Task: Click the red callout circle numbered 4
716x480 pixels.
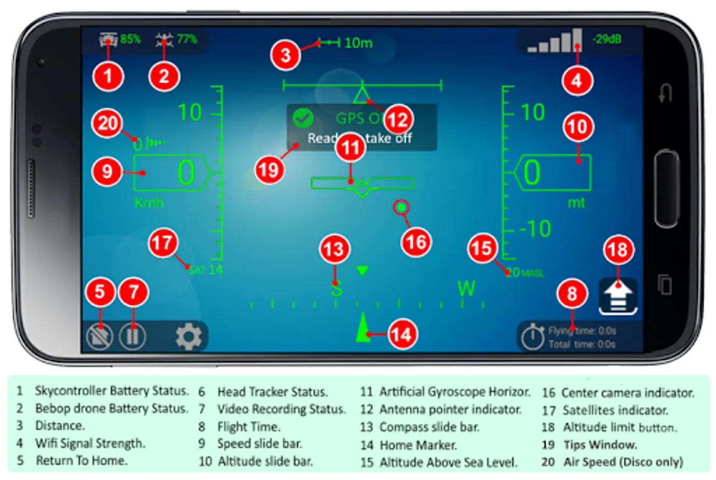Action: coord(577,81)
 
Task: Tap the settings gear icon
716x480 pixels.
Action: coord(189,337)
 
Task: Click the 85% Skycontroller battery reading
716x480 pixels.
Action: coord(130,39)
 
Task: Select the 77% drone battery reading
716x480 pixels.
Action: coord(187,39)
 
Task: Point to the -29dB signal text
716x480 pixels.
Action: coord(607,39)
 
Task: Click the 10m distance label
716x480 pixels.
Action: coord(358,43)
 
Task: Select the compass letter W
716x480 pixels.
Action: coord(466,289)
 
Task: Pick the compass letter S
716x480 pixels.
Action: coord(336,290)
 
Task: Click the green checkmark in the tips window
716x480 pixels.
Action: coord(303,118)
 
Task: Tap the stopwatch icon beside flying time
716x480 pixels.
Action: coord(532,337)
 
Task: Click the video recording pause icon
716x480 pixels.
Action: coord(132,337)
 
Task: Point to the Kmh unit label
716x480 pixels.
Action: coord(149,203)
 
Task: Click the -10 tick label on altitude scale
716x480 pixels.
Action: coord(535,229)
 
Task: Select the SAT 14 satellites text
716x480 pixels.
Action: coord(206,270)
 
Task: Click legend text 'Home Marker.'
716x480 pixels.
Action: coord(418,445)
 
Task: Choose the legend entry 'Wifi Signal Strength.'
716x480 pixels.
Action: coord(90,443)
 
